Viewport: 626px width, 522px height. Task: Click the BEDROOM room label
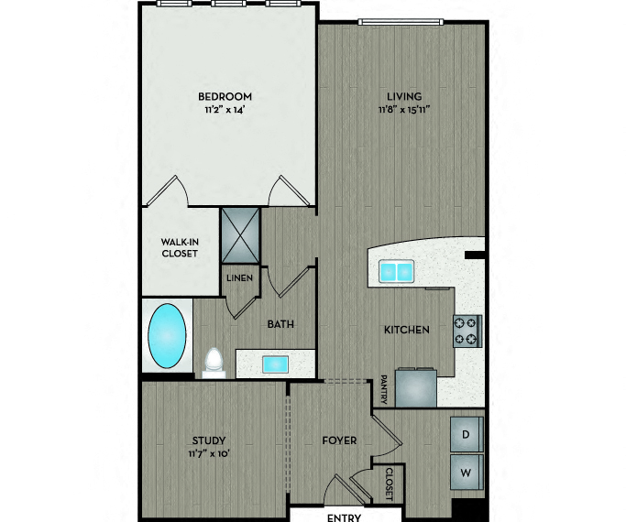(225, 96)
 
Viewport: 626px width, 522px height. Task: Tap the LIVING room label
(404, 96)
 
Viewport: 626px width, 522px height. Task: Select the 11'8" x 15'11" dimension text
(404, 110)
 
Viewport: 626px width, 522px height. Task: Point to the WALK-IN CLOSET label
(180, 247)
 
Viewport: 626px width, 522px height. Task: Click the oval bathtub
(167, 336)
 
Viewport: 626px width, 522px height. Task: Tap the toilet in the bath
(214, 363)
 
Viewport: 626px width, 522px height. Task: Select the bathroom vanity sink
(275, 364)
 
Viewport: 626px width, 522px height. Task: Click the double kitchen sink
(396, 271)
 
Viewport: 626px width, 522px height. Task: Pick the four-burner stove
(467, 331)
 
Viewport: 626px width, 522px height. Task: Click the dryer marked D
(467, 434)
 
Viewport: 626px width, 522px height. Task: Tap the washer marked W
(467, 473)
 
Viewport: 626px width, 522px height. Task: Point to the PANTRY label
(384, 389)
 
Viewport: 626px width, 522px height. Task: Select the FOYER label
(339, 440)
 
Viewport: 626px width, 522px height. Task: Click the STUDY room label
(209, 440)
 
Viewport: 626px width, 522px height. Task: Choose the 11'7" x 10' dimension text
(209, 454)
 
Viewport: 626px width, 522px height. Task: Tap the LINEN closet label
(239, 278)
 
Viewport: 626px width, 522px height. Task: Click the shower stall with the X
(240, 235)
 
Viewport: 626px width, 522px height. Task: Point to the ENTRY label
(344, 517)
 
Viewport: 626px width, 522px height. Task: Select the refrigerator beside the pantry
(415, 388)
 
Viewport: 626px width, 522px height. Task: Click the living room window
(401, 22)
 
